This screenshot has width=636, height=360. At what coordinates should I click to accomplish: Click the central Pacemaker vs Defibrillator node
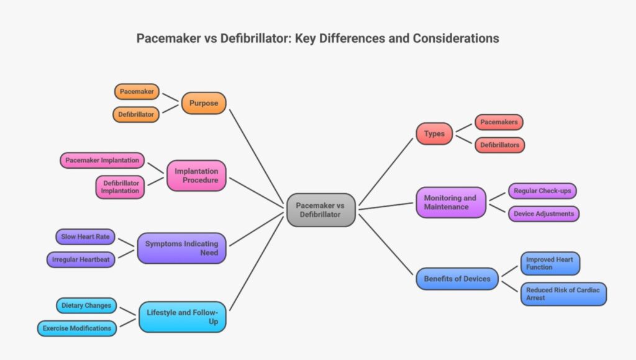point(321,210)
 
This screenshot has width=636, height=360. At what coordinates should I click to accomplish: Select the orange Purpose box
point(204,103)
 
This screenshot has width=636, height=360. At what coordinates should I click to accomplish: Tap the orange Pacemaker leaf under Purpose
point(137,92)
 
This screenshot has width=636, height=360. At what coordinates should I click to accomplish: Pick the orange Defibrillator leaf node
point(136,114)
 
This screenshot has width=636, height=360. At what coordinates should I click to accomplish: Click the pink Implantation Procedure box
point(196,176)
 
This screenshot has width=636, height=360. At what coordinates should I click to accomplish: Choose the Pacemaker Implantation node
point(102,160)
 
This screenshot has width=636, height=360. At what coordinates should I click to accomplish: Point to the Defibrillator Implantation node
point(120,187)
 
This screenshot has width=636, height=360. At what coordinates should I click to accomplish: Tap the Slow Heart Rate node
point(85,237)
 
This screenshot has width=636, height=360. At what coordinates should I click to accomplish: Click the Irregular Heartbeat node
point(81,259)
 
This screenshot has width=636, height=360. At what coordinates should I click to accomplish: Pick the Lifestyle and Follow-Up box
point(181,317)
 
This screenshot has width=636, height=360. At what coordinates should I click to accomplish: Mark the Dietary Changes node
point(86,305)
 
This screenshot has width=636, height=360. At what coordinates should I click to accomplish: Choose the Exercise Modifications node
point(77,328)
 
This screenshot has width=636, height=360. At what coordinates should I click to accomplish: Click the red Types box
point(434,133)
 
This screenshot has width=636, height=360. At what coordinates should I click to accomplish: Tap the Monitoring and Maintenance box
point(450,202)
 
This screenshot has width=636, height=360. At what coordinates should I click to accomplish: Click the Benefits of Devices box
point(457,279)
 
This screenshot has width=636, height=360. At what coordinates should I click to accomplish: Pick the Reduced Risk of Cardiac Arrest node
point(563,294)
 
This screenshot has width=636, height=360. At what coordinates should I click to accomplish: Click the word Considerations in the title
point(457,38)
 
